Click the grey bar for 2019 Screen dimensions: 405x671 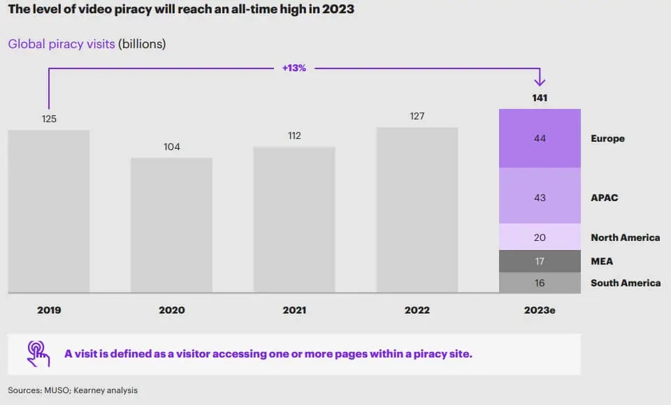coord(49,211)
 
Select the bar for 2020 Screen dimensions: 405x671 coord(171,225)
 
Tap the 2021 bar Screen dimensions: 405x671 coord(294,219)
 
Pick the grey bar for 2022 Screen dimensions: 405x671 coord(417,209)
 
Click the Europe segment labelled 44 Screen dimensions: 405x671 coord(540,138)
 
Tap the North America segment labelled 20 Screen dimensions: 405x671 coord(540,237)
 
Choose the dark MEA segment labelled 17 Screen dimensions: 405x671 coord(540,261)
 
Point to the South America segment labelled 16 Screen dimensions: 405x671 coord(540,283)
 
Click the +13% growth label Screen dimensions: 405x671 coord(294,68)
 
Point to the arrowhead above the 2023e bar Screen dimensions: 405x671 coord(540,81)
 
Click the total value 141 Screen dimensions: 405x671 coord(540,98)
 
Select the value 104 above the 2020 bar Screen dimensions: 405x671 coord(171,147)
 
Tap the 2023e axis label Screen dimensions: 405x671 coord(540,310)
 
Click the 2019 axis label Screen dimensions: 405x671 coord(49,310)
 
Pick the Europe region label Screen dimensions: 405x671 coord(607,138)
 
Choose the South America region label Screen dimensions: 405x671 coord(625,283)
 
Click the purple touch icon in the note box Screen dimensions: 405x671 coord(38,353)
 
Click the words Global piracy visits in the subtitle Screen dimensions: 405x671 coord(62,44)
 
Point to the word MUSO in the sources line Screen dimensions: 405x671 coord(55,390)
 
